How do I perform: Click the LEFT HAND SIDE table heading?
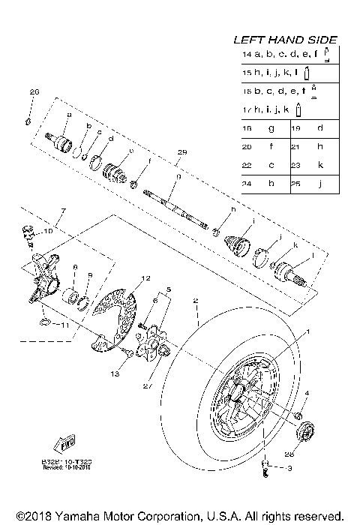coord(285,40)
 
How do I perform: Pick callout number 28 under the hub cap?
coord(310,454)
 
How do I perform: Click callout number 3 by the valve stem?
coord(290,467)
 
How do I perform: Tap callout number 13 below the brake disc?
coord(115,373)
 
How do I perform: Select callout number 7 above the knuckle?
coord(63,212)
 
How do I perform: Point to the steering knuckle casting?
coord(40,271)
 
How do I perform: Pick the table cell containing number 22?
coord(247,164)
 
